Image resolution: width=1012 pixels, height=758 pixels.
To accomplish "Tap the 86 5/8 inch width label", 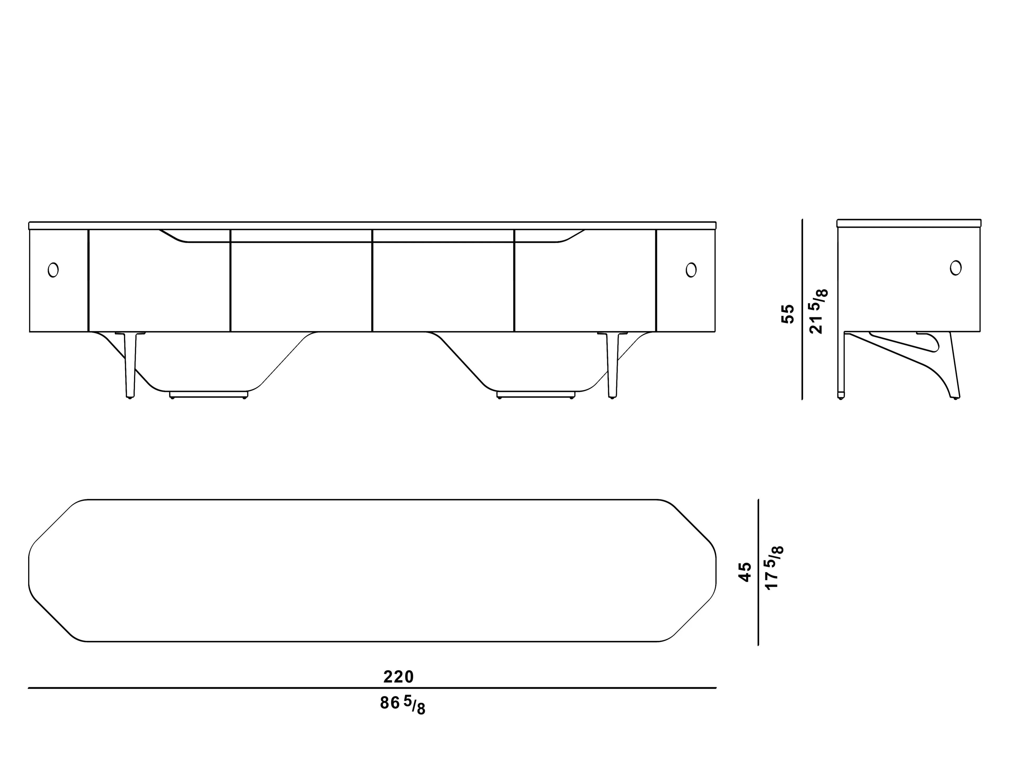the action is pos(403,705).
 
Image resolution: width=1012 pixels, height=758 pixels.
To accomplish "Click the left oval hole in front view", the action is pos(53,270).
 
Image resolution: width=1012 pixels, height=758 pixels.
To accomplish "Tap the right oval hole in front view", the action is pos(691,270).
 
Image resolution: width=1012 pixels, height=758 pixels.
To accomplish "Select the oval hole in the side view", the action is pos(956,267).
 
